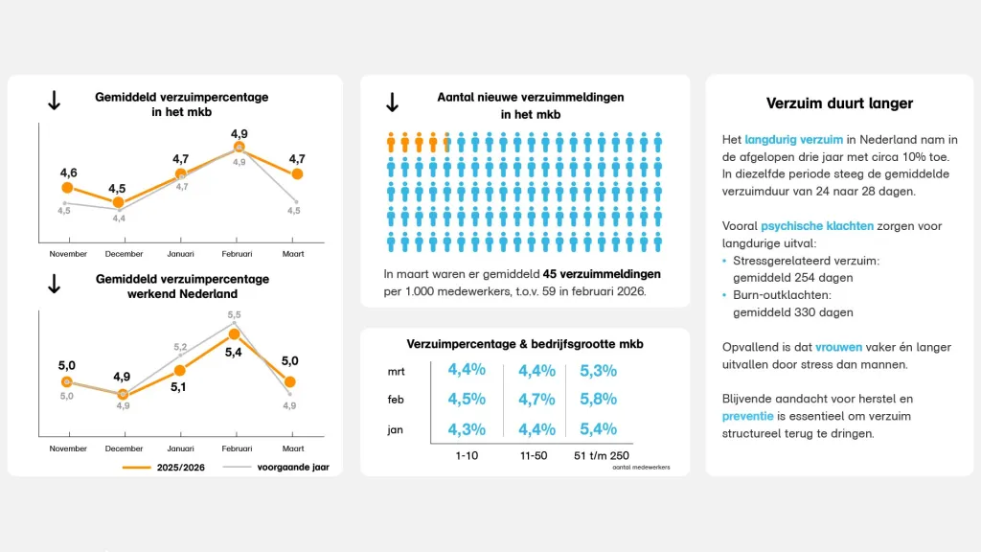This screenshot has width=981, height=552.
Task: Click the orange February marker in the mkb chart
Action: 239,148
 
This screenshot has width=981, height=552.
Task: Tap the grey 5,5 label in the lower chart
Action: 234,314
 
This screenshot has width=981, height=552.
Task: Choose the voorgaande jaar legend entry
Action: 292,467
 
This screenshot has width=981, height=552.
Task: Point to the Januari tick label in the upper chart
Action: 181,254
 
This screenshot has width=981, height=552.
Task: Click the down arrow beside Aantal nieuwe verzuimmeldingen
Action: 392,103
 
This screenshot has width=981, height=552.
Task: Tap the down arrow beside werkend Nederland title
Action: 55,284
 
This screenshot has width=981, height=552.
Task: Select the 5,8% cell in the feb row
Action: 597,399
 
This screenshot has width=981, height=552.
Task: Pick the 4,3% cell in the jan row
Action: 466,429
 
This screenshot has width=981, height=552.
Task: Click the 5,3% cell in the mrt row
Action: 597,370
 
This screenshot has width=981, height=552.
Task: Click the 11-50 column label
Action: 533,455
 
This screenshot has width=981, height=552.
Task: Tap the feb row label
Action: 395,400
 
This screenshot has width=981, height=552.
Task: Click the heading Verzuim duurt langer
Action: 839,103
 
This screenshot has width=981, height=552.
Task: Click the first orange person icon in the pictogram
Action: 391,144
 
